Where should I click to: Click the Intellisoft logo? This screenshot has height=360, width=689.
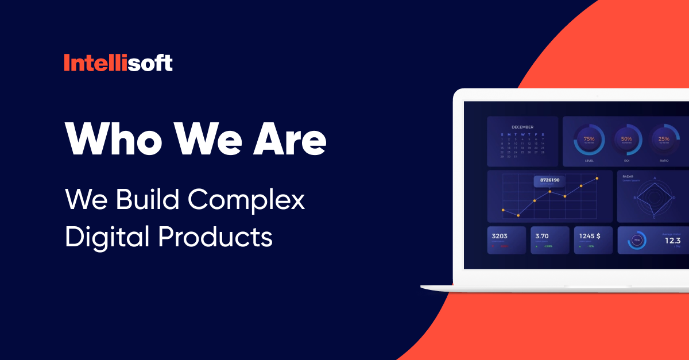coord(118,63)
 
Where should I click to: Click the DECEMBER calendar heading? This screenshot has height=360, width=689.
coord(522,127)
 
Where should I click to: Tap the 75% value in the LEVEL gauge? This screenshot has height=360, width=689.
coord(589,139)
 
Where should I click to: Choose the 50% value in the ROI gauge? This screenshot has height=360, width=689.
coord(626,139)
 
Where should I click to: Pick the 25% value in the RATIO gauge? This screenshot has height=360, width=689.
coord(664,139)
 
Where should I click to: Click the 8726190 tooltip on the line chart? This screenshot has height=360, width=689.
coord(549,180)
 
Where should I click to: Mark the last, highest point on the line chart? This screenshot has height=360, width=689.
coord(597,179)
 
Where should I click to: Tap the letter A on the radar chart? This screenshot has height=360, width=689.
coord(655,179)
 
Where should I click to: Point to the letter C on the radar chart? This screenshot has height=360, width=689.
coord(654,217)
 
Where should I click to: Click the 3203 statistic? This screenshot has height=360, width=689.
coord(499,235)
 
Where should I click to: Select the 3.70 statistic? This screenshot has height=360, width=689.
coord(542,235)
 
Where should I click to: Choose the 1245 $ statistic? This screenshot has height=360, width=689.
coord(590,235)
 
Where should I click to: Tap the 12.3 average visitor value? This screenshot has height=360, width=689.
coord(672,241)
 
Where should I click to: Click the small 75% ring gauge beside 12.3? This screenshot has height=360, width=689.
coord(637,241)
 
